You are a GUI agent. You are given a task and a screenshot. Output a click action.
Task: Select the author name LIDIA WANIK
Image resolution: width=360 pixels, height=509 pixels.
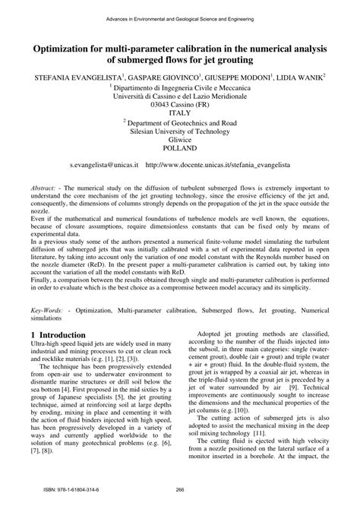(x=297, y=78)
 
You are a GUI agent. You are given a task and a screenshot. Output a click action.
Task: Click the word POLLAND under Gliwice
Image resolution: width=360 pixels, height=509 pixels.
(x=180, y=150)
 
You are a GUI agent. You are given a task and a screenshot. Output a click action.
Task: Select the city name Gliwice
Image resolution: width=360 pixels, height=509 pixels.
(x=180, y=141)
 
